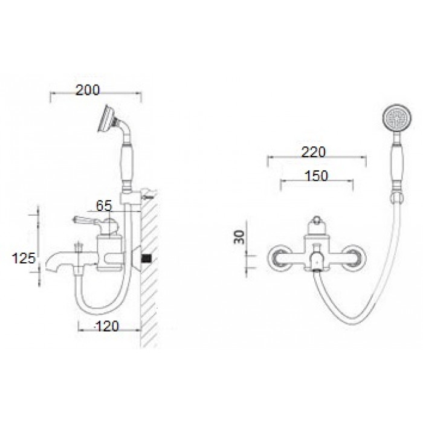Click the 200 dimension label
tap(88, 90)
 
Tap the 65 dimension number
tap(104, 206)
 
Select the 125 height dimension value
tap(24, 258)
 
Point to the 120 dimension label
tap(108, 326)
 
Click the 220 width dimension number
tap(314, 152)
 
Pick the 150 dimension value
tap(317, 176)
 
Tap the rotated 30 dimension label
tap(239, 237)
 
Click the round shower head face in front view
tap(398, 118)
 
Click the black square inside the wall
tap(147, 258)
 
